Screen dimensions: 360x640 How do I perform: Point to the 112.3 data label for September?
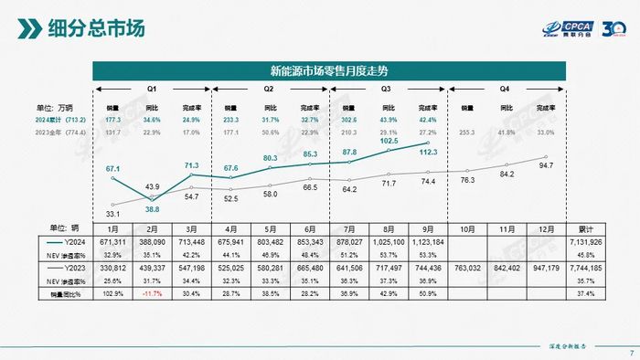[428, 154]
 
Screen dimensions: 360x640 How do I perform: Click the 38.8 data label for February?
[153, 209]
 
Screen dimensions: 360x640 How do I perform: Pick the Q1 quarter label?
[153, 90]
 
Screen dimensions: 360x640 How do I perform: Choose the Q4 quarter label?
[505, 90]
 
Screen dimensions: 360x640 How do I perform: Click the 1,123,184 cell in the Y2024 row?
[428, 242]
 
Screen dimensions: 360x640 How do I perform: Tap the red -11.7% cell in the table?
[153, 292]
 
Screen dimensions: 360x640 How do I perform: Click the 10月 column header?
[466, 228]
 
